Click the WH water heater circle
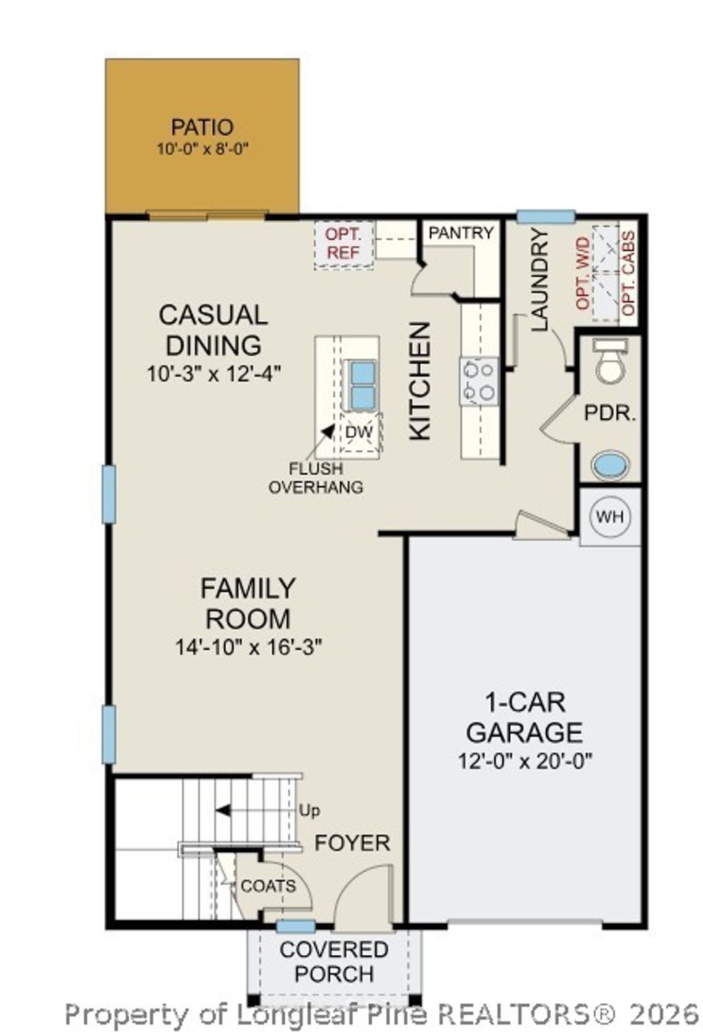point(610,516)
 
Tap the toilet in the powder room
point(610,361)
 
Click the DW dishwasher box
point(359,432)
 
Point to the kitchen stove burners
point(479,381)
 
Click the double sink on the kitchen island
point(362,385)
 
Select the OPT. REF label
point(343,244)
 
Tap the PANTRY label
point(461,233)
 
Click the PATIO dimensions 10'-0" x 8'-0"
point(202,148)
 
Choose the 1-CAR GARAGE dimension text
point(525,761)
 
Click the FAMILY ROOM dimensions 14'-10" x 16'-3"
point(248,647)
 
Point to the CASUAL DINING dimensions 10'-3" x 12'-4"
point(214,375)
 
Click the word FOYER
point(352,843)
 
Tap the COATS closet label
point(268,886)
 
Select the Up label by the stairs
point(309,810)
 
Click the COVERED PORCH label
point(334,961)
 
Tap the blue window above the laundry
point(545,217)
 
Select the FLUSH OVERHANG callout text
point(316,478)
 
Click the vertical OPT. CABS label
point(628,274)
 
